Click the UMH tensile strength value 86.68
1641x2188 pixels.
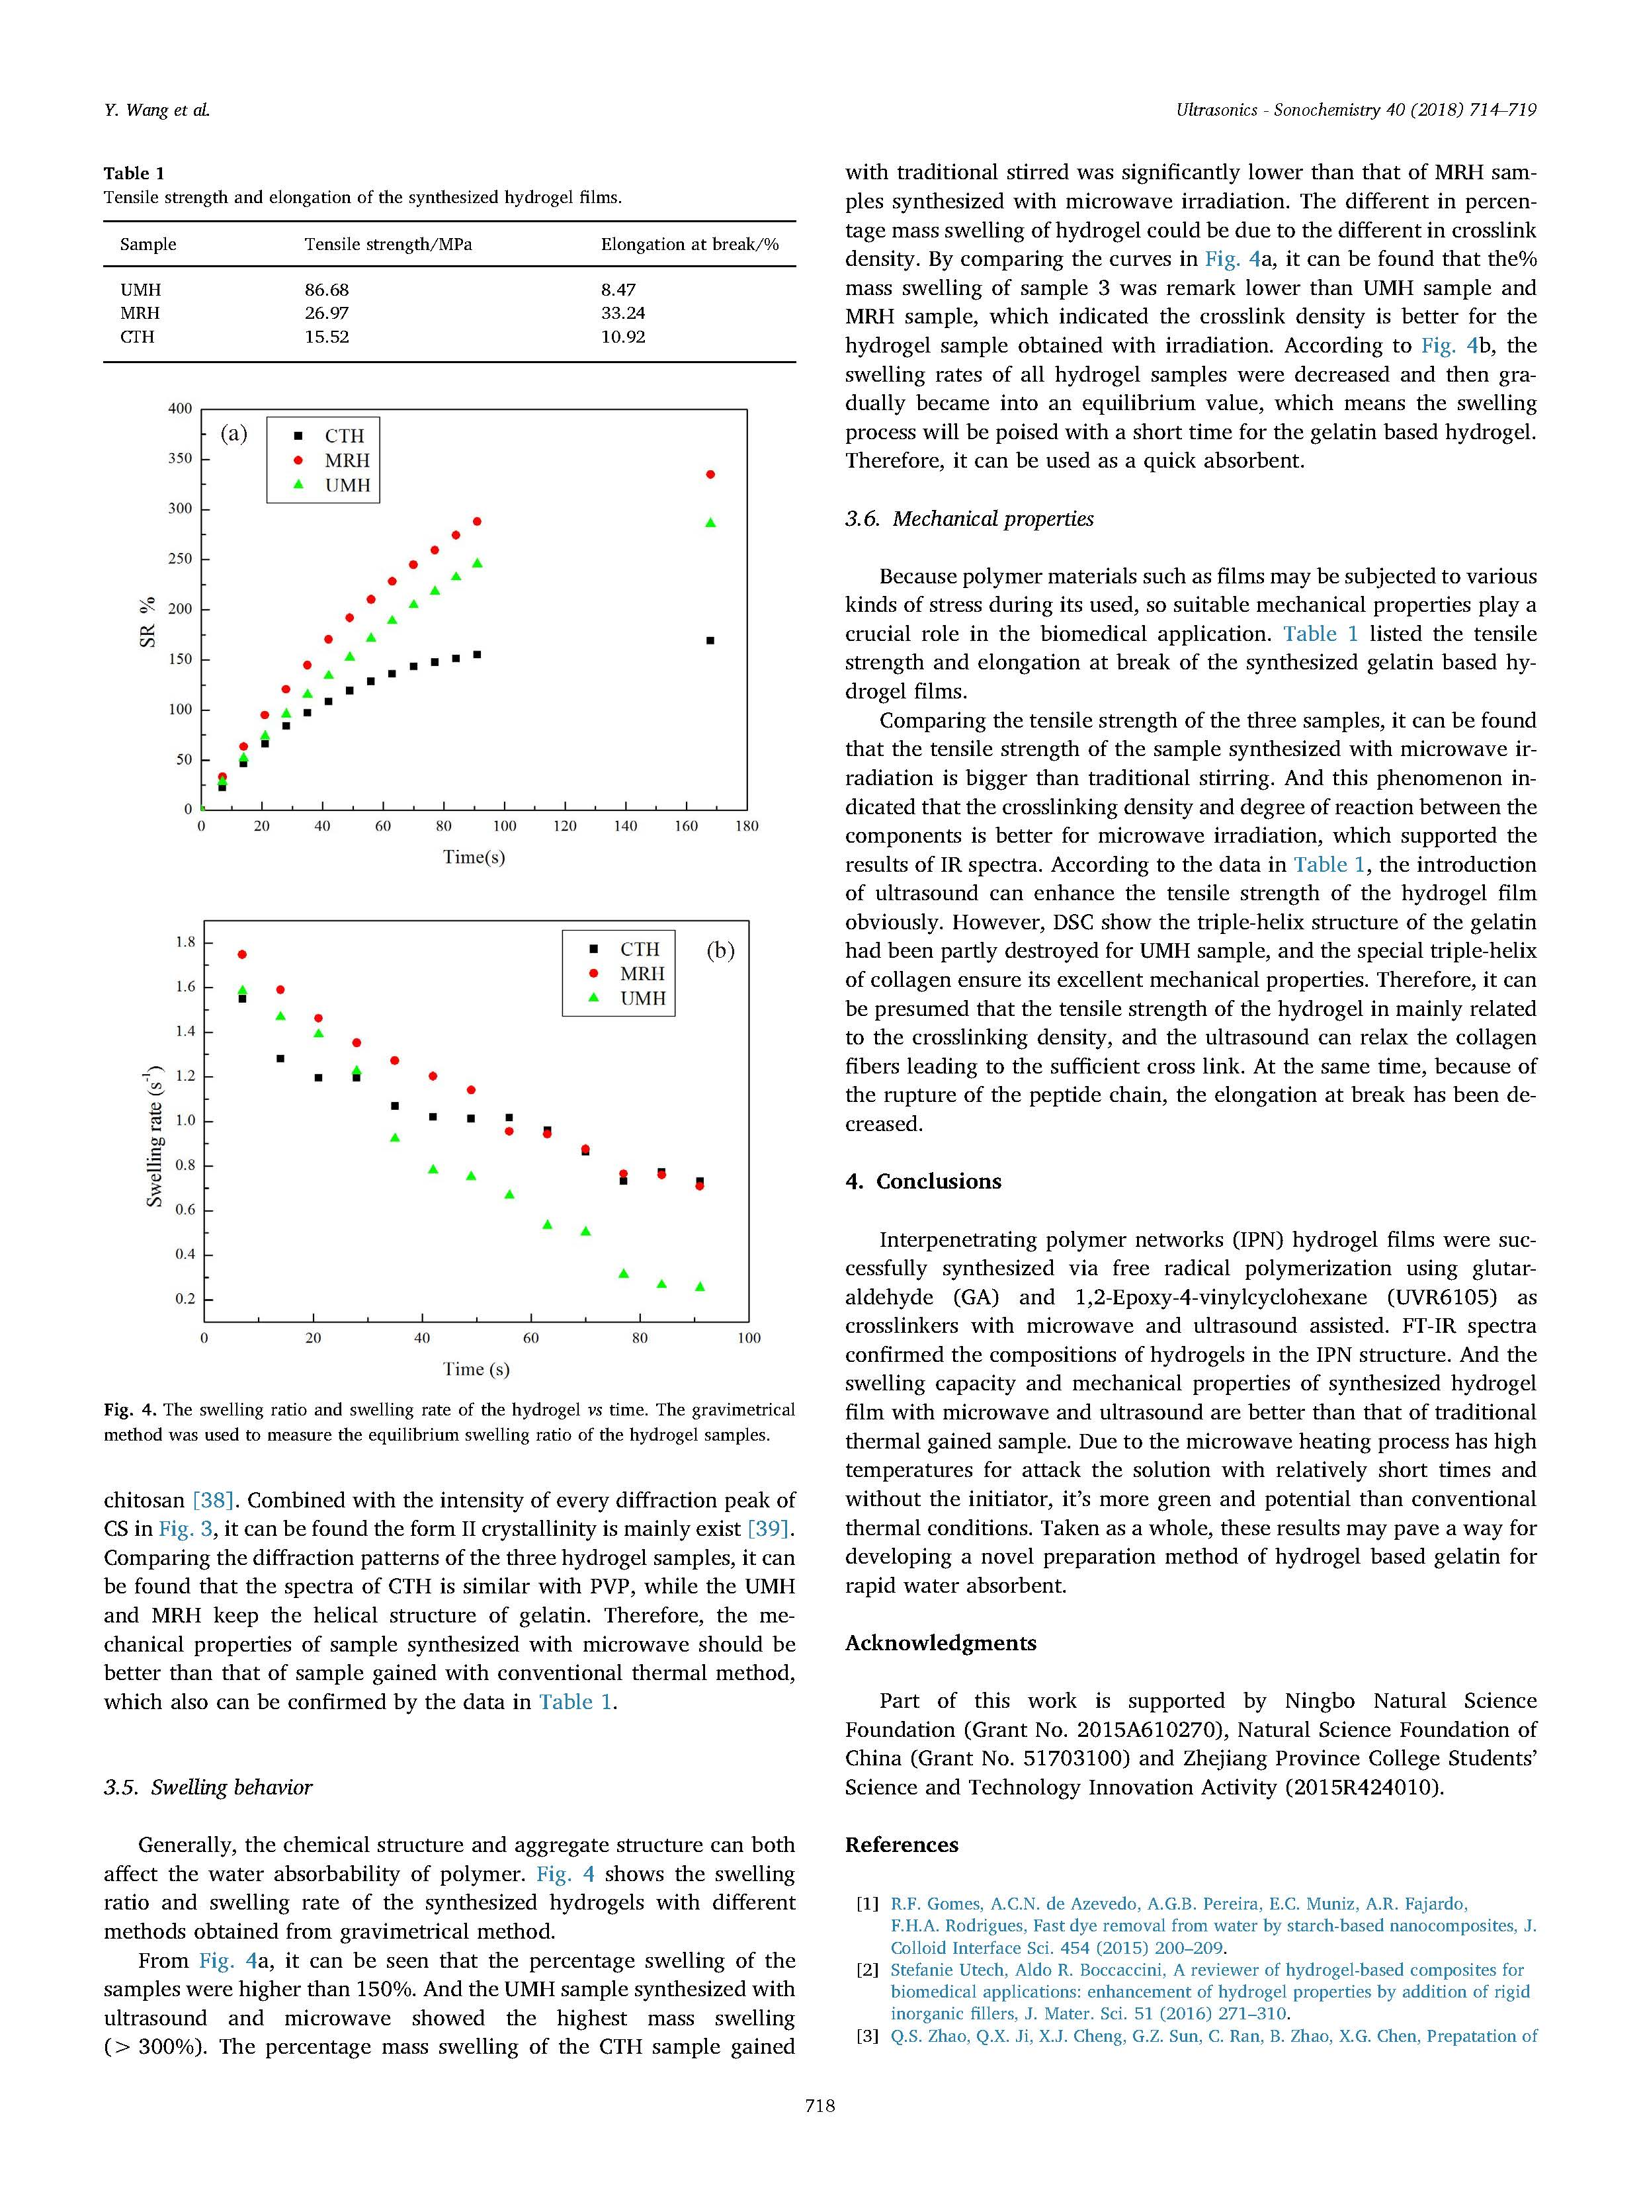327,290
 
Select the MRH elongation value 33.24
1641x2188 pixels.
623,313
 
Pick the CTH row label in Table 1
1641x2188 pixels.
138,336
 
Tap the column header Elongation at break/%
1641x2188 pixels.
689,244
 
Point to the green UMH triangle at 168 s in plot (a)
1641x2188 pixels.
710,523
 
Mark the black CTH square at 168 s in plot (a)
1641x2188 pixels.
710,641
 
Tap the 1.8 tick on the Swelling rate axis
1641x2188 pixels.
185,942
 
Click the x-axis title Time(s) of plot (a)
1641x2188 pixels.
474,857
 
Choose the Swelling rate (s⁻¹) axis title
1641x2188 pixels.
154,1136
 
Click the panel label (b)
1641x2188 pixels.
720,950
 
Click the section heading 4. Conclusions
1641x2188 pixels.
924,1181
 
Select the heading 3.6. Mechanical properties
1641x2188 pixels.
970,519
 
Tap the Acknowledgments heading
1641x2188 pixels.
941,1643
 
